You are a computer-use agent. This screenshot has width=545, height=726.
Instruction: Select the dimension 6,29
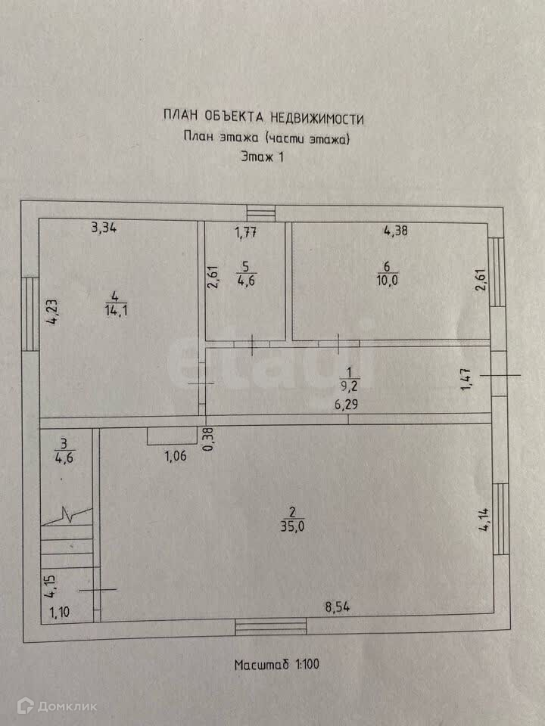coord(347,405)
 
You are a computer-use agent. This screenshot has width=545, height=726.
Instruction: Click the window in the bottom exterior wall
coord(270,625)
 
